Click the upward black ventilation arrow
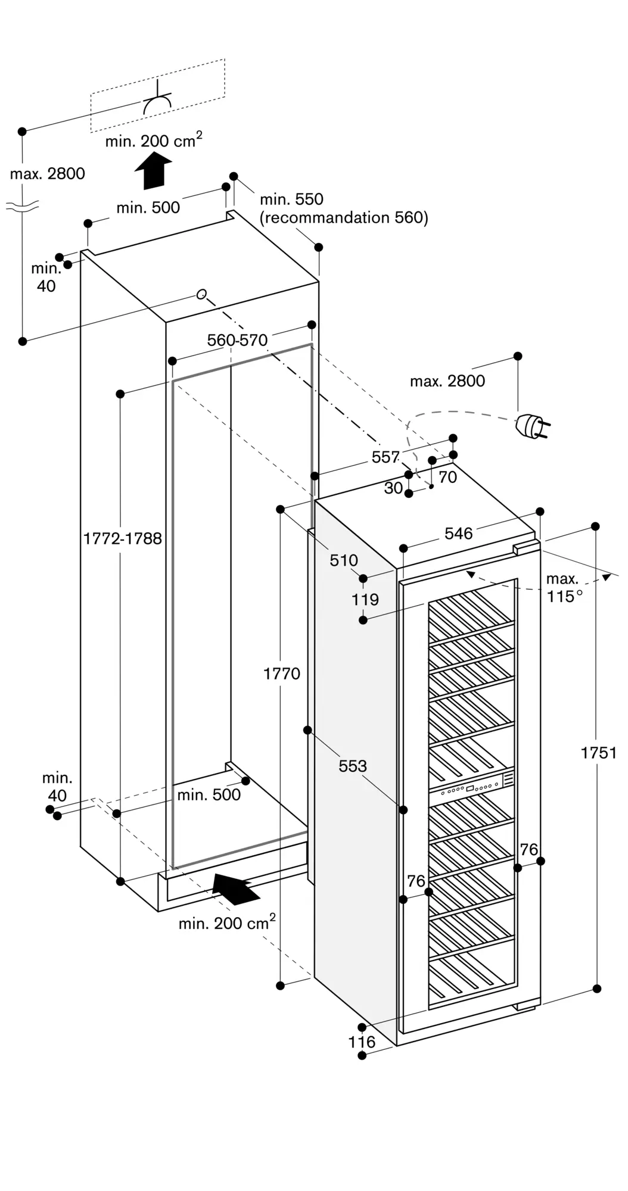153,170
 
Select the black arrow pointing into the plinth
237,889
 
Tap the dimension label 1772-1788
123,538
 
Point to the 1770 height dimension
282,674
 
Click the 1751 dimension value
599,753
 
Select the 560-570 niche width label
237,340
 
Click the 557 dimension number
385,457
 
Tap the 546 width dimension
459,534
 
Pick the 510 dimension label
344,560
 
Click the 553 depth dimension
353,766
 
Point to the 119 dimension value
365,599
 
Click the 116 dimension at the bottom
362,1042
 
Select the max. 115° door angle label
563,587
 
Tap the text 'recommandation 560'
343,217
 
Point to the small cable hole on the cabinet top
202,294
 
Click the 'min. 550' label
291,199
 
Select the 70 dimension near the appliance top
447,477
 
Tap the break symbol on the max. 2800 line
23,207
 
